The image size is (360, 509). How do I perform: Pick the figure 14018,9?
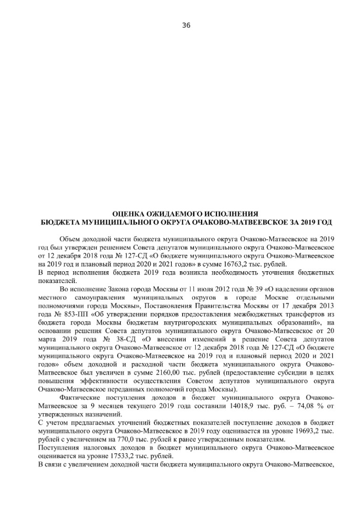(x=264, y=406)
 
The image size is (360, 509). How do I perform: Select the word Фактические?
(x=79, y=398)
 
